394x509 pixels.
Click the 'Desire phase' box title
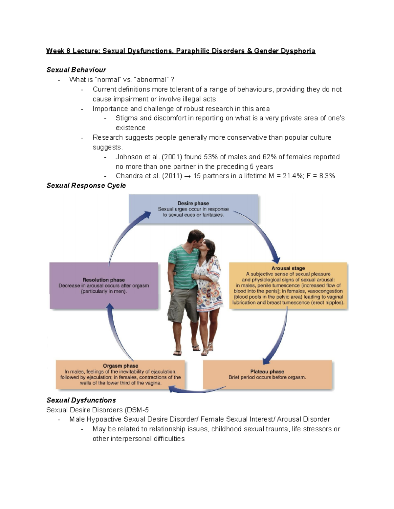[x=193, y=203]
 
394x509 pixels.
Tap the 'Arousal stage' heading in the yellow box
[x=288, y=268]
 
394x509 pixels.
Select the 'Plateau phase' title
[x=267, y=371]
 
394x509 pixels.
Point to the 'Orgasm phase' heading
[x=120, y=366]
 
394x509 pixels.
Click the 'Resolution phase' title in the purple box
[x=103, y=280]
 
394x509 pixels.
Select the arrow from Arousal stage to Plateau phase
[x=279, y=338]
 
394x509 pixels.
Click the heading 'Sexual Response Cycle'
[x=86, y=186]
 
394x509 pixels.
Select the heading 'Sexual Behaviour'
[x=76, y=70]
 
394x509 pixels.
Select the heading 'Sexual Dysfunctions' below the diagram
[x=81, y=400]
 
